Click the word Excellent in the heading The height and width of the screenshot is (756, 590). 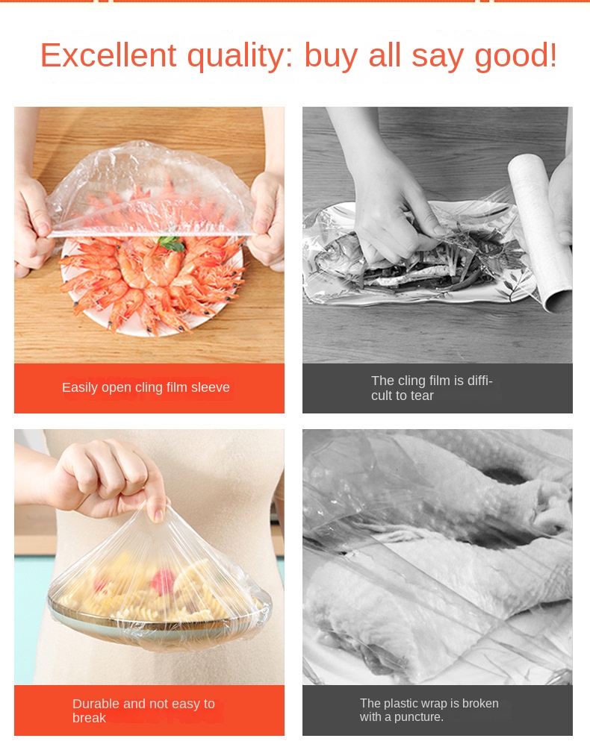(x=108, y=55)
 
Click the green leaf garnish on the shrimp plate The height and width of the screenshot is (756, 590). (x=172, y=243)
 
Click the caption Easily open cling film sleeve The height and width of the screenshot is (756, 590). (x=146, y=387)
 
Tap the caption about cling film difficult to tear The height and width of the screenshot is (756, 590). (x=431, y=388)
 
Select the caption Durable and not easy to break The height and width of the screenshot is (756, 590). (x=143, y=710)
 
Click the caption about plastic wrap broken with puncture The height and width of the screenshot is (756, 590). (x=429, y=710)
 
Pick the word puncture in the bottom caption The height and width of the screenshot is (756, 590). (x=418, y=717)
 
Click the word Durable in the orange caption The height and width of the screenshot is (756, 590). (x=96, y=704)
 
